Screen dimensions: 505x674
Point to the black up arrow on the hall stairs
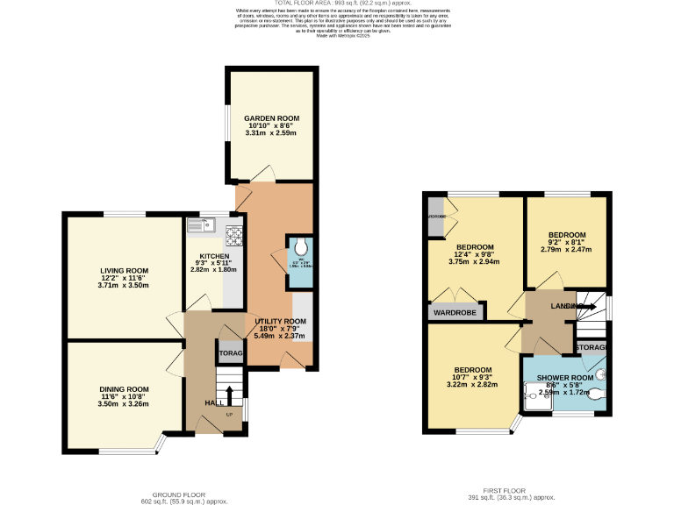click(x=230, y=394)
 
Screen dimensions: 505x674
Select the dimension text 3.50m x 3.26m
click(x=123, y=403)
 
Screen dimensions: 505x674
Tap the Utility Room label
click(x=280, y=322)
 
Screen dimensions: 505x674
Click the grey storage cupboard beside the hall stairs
click(x=230, y=352)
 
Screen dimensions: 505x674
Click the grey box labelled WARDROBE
click(x=453, y=311)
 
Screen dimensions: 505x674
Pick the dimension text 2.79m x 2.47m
click(x=565, y=249)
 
